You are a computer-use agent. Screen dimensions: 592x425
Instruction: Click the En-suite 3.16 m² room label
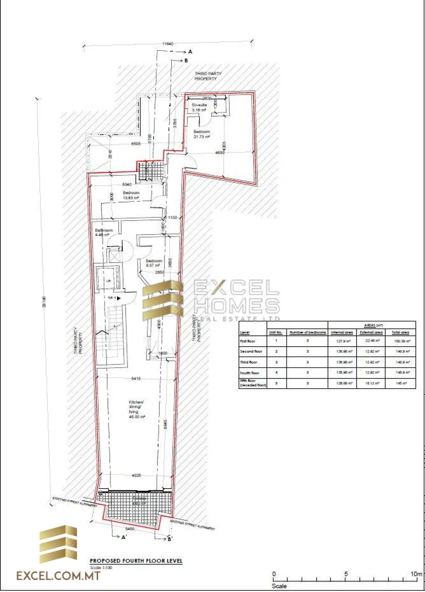tap(199, 108)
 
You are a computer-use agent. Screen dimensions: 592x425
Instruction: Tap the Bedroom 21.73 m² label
tap(202, 134)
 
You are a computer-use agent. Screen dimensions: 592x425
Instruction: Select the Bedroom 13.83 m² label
tap(131, 196)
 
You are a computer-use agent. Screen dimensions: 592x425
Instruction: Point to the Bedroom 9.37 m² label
tap(154, 263)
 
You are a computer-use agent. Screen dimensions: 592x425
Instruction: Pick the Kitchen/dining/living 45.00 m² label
tap(137, 409)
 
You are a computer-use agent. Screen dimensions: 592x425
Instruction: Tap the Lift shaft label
tap(108, 281)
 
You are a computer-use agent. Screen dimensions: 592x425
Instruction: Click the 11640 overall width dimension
tap(168, 44)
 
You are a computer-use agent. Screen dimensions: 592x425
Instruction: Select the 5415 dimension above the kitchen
tap(135, 378)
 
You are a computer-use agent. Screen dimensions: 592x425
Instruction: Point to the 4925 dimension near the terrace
tap(137, 475)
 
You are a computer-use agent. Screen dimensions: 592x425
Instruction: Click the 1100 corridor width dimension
tap(172, 217)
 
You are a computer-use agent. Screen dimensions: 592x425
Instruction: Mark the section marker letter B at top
tap(186, 61)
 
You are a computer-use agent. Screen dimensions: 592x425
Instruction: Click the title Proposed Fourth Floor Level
tap(136, 561)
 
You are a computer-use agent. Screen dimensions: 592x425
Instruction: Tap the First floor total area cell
tap(400, 341)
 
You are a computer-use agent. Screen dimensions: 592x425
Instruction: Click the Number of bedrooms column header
tap(308, 333)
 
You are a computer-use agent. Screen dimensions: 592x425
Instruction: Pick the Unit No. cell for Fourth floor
tap(276, 373)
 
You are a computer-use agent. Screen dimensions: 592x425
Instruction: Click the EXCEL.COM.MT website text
tap(58, 576)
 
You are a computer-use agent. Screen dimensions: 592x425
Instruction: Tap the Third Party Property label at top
tap(208, 76)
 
